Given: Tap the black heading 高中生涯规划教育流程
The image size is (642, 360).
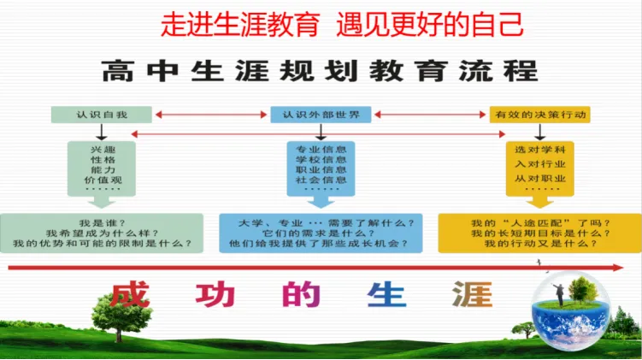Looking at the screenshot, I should tap(320, 71).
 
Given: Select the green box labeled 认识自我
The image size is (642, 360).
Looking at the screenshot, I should tap(102, 114).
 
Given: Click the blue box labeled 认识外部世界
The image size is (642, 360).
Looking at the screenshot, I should tap(321, 114).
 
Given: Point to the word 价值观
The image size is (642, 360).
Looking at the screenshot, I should tap(102, 182).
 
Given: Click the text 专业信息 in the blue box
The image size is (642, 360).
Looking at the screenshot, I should tap(321, 148).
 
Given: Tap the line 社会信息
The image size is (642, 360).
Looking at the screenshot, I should tap(321, 180).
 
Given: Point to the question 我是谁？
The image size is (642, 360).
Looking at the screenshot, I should tap(103, 220).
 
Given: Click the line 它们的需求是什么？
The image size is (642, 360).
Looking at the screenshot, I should tap(320, 232).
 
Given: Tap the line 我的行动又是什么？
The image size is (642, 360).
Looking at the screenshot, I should tap(539, 245).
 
